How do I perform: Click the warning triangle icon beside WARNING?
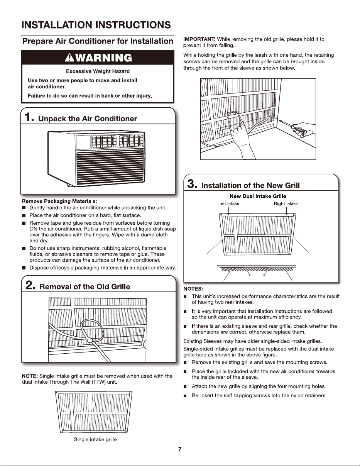69,58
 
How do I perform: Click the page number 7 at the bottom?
180,449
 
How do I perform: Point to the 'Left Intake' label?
229,203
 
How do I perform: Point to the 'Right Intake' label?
286,203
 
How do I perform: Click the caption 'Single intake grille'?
95,439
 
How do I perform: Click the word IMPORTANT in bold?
199,39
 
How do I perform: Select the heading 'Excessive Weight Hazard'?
98,71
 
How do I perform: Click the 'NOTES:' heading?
193,289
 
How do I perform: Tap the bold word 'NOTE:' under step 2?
30,376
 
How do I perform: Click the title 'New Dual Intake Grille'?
258,196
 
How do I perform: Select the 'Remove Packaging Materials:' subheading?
59,201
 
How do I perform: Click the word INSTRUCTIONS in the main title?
133,25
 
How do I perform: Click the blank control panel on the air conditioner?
83,142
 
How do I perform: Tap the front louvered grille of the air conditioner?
110,168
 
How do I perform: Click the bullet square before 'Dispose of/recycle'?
24,268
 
